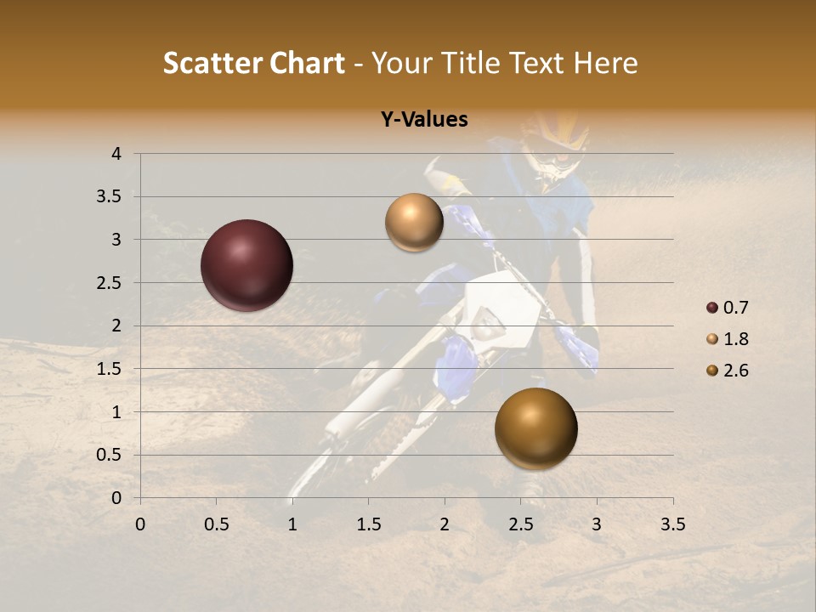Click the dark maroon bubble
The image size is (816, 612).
[247, 265]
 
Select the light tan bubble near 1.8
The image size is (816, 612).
[414, 223]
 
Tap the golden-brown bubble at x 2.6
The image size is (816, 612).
[535, 428]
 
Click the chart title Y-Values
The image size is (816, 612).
[424, 120]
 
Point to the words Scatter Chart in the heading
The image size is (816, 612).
[253, 63]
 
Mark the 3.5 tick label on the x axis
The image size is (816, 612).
[672, 524]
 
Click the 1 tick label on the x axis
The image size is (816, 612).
[292, 524]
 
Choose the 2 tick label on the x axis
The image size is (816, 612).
[445, 524]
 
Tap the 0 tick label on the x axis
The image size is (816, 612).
[140, 524]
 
